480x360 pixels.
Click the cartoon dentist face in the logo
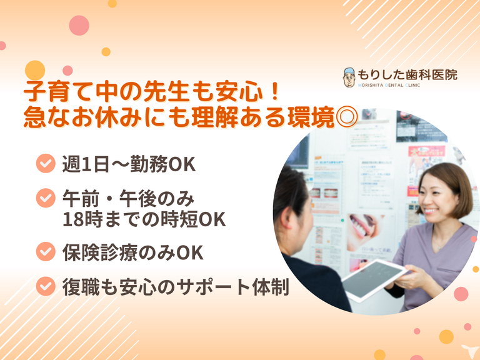pyautogui.click(x=349, y=77)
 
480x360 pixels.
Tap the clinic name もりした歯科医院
pyautogui.click(x=407, y=75)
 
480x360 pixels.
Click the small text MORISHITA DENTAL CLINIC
pyautogui.click(x=389, y=86)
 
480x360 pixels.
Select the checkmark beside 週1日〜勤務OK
pyautogui.click(x=46, y=164)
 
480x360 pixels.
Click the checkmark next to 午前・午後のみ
pyautogui.click(x=46, y=198)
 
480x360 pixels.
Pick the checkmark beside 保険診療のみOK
pyautogui.click(x=46, y=252)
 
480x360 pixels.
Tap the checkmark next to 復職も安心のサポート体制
pyautogui.click(x=46, y=286)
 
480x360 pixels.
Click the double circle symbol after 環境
pyautogui.click(x=347, y=117)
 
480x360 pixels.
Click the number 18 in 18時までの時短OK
pyautogui.click(x=72, y=219)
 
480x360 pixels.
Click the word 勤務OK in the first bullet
pyautogui.click(x=163, y=164)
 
